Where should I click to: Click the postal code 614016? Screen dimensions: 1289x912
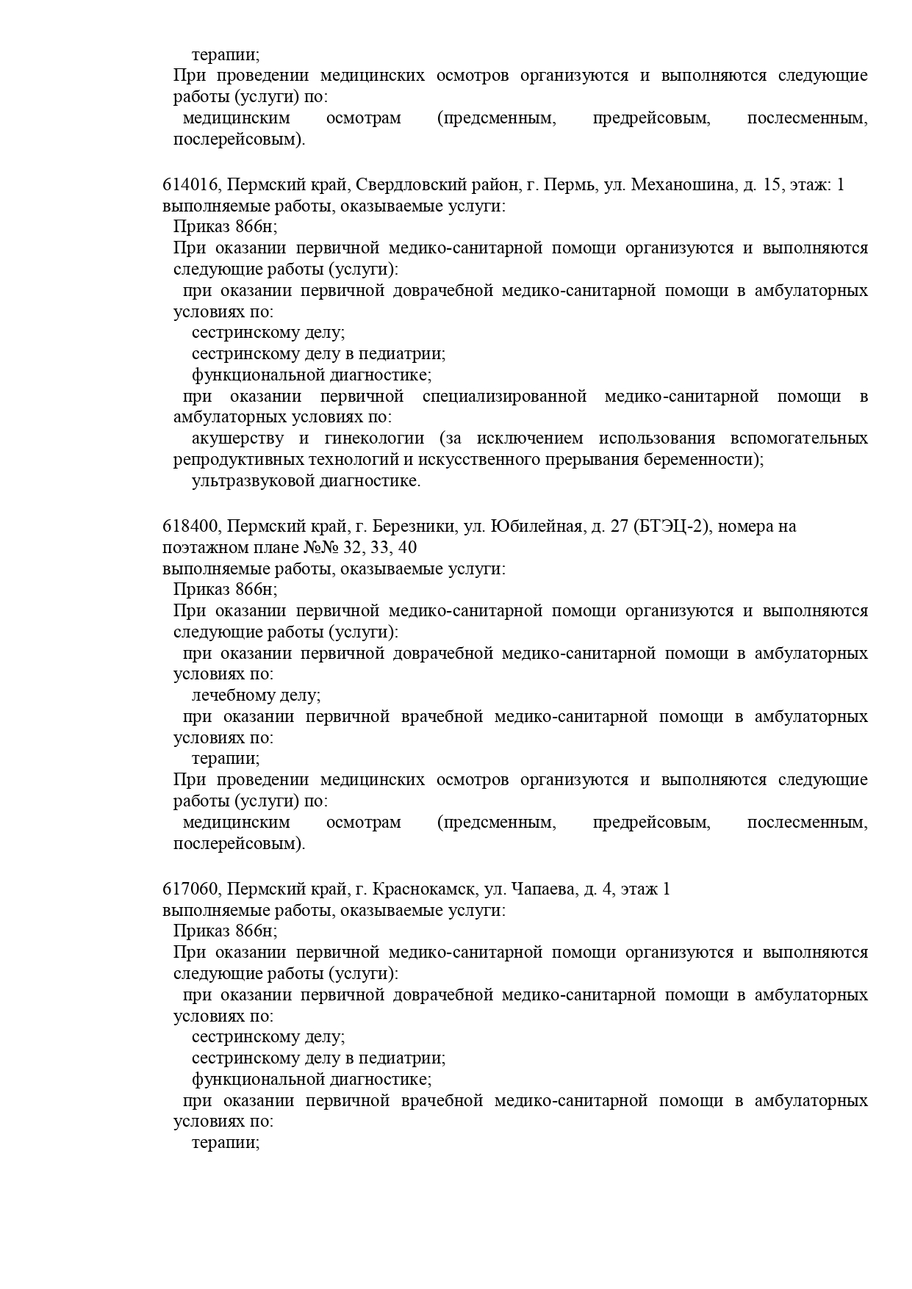click(190, 185)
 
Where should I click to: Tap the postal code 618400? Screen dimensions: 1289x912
click(190, 527)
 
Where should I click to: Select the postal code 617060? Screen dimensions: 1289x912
click(190, 889)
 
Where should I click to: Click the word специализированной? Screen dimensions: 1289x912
click(504, 397)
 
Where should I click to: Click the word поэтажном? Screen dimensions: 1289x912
click(202, 548)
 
